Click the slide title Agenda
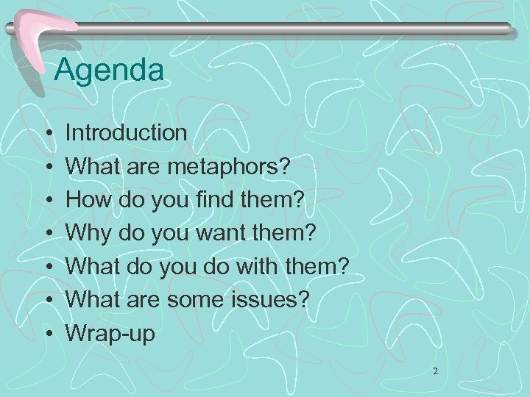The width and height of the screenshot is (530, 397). coord(109,71)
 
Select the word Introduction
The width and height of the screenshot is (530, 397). coord(126,133)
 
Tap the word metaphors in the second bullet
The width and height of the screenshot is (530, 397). coord(227,166)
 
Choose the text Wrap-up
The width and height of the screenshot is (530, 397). coord(110,334)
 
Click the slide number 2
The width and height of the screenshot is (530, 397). coord(435,372)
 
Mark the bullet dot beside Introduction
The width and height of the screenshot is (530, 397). coord(47,134)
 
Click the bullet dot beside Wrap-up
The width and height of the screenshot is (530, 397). coord(47,334)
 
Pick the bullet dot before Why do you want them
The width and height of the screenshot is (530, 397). coord(47,234)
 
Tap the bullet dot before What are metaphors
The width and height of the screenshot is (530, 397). coord(47,167)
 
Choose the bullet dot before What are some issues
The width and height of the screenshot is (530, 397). coord(47,301)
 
